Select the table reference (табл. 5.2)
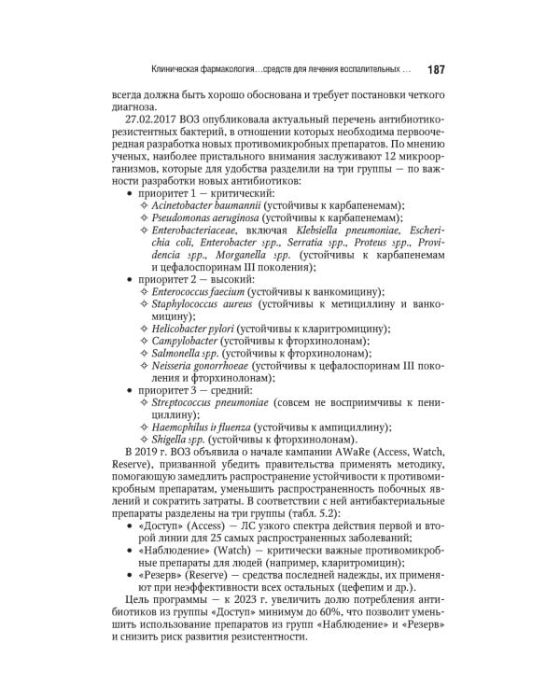pyautogui.click(x=315, y=513)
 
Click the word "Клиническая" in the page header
pyautogui.click(x=183, y=68)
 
